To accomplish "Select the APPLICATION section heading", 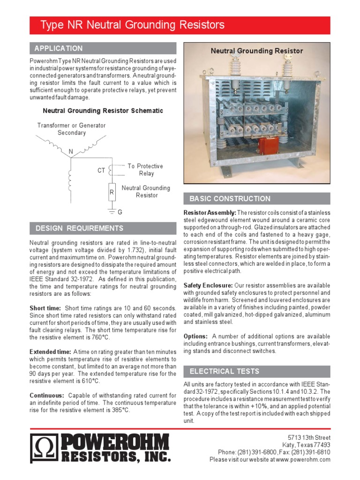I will click(x=59, y=48).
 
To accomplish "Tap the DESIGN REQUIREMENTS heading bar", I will click(x=80, y=228).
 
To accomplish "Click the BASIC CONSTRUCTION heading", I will click(x=230, y=199).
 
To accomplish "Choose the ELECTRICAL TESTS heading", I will click(x=224, y=371).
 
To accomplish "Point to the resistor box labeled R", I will click(x=112, y=192).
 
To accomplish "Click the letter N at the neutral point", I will click(x=71, y=152).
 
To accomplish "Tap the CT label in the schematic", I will click(x=101, y=171).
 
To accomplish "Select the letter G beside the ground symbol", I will click(x=120, y=212).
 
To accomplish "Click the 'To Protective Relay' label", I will click(x=145, y=170).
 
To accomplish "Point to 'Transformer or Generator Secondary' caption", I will click(x=72, y=129).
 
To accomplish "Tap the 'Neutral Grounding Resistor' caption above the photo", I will click(x=256, y=51).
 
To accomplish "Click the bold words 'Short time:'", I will click(x=45, y=308).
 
